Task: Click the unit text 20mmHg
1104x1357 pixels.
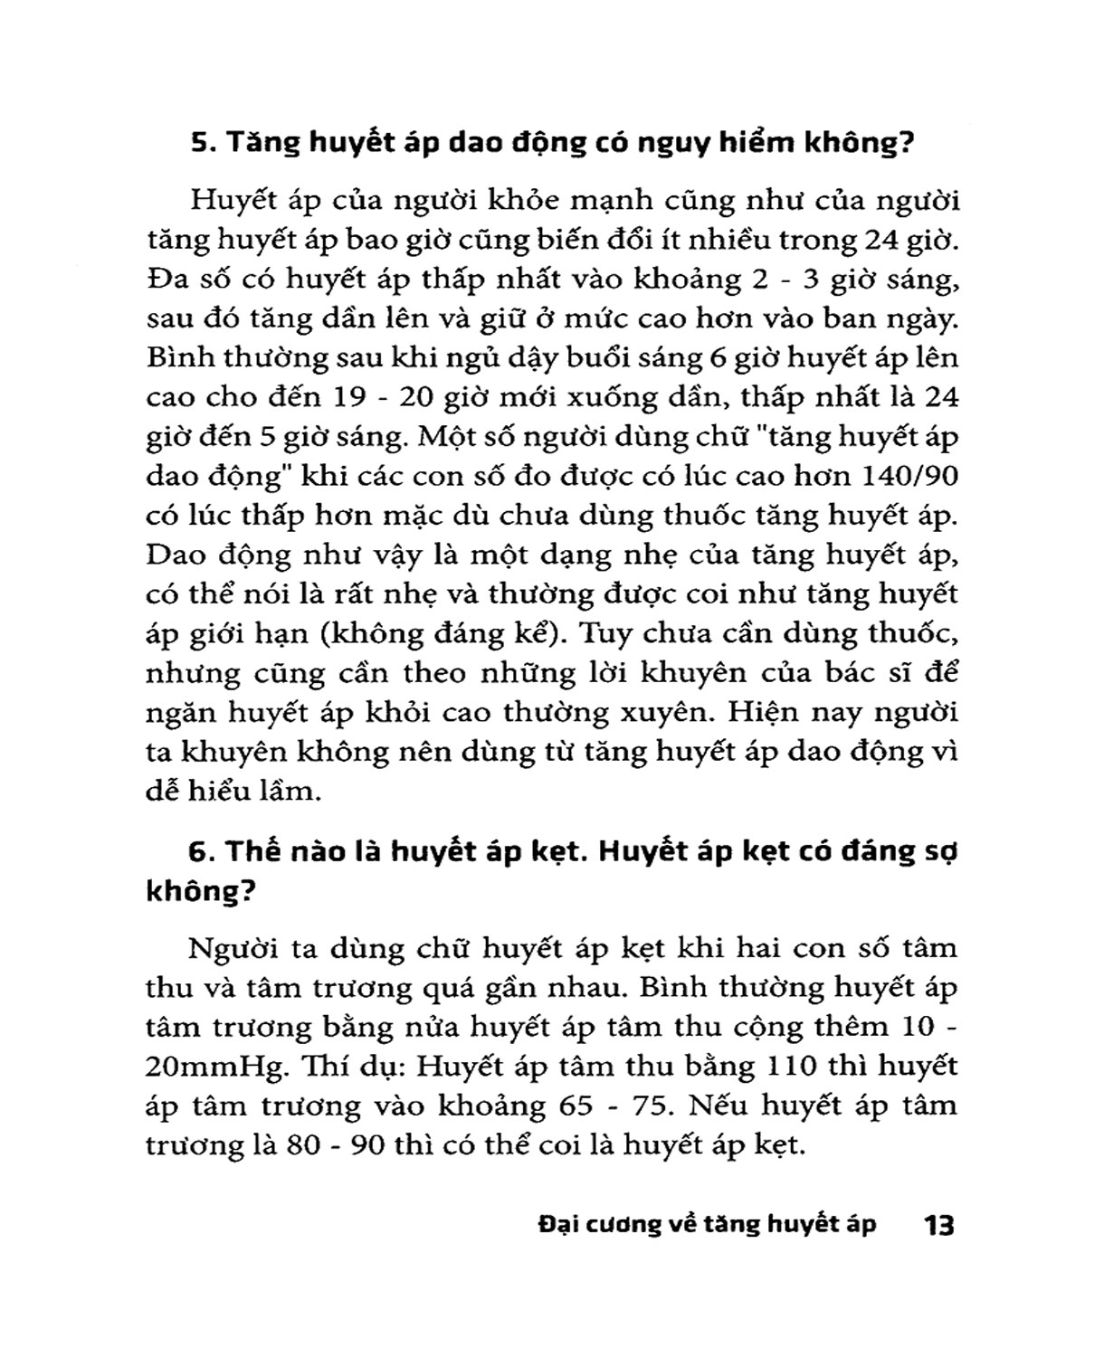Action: [210, 1067]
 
